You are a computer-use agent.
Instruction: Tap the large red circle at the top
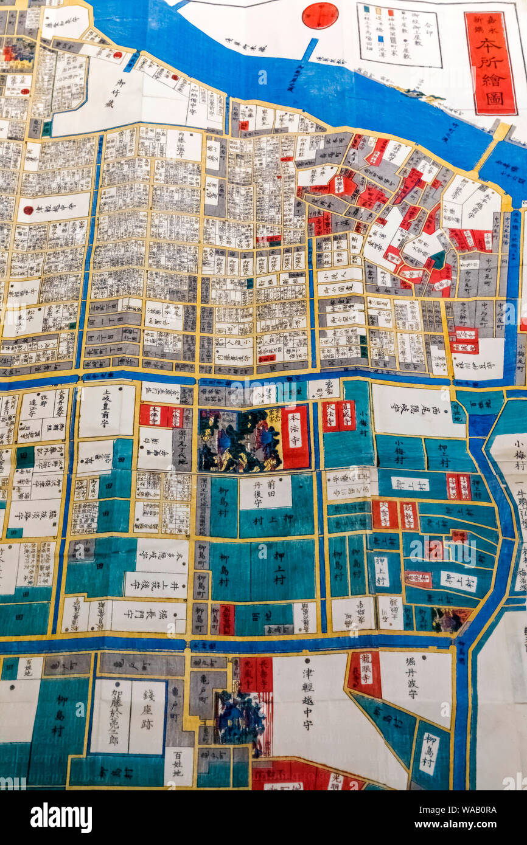tap(319, 15)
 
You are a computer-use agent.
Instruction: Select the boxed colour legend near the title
tap(399, 35)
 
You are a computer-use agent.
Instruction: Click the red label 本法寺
tap(295, 437)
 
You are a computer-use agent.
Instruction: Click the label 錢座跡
tap(146, 717)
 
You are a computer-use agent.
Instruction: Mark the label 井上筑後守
tap(155, 584)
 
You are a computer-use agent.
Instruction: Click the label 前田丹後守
tap(265, 492)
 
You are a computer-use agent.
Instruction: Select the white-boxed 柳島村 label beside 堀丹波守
tap(430, 754)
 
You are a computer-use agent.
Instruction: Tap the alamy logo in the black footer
tap(61, 817)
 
